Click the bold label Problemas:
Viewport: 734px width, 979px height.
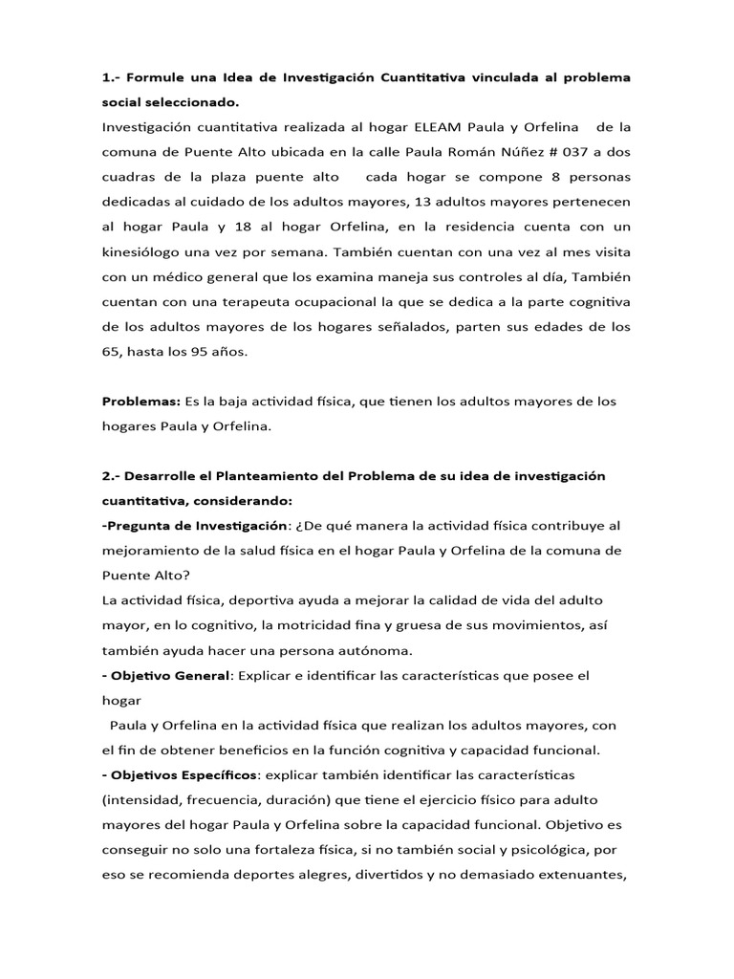[x=141, y=402]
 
